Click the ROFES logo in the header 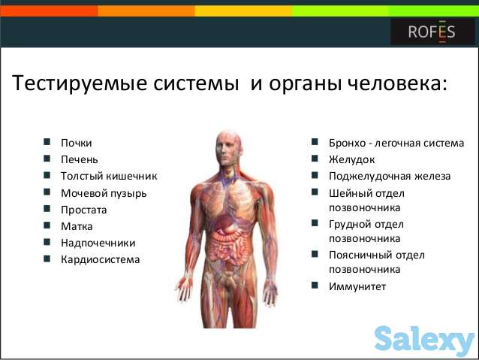[432, 32]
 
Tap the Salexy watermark [423, 340]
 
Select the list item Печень [80, 159]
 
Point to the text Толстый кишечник [109, 176]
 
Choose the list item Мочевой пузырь [104, 193]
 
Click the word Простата [84, 210]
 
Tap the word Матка [77, 226]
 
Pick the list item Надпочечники [98, 243]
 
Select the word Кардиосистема [100, 259]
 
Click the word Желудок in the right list [351, 159]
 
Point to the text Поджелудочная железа [390, 176]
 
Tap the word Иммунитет [357, 286]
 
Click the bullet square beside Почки [47, 142]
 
